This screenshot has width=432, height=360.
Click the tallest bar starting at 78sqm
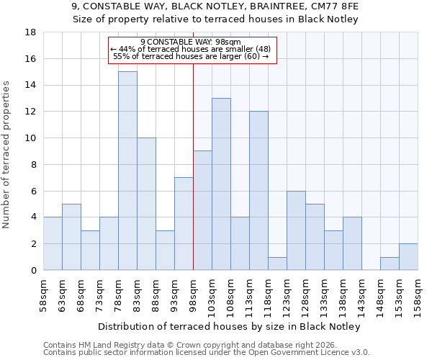coord(127,171)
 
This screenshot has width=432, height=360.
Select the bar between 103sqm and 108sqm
coord(221,184)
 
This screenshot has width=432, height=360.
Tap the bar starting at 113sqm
coord(258,191)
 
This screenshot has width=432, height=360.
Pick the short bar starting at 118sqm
coord(277,264)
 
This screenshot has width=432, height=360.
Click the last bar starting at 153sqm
coord(408,257)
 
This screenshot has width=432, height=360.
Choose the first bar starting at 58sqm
coord(53,243)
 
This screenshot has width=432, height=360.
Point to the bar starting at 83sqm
coord(146,204)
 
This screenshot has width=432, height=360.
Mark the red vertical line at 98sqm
coord(193,166)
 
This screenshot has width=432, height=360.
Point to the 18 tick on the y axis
coord(31,32)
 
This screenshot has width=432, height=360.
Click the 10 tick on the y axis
coord(31,138)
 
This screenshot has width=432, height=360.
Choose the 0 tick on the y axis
coord(33,271)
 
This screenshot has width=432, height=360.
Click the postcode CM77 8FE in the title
coord(338,6)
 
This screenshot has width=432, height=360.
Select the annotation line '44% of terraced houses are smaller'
coord(191,49)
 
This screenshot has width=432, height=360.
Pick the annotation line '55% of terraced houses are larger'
coord(191,56)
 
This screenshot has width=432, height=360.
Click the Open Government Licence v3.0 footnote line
coord(207,353)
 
